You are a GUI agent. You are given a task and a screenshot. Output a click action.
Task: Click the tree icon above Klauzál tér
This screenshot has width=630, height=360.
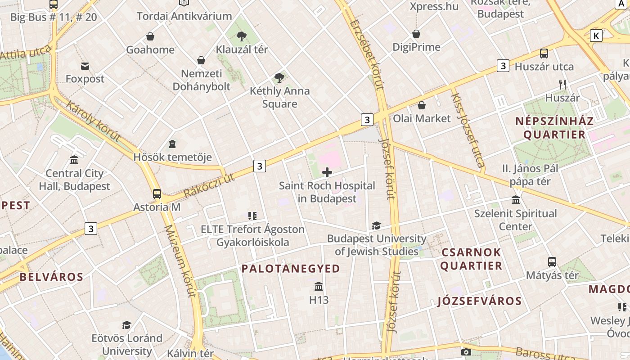[x=242, y=36]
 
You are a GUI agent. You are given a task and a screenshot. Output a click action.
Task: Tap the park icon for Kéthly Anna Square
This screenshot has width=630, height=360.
[x=279, y=78]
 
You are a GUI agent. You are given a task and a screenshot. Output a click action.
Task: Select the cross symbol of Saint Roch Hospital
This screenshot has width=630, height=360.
[x=327, y=172]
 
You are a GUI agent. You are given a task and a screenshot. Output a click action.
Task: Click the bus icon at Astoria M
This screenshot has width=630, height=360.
[x=157, y=194]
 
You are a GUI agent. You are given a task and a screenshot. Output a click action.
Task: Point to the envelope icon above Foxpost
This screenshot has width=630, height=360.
[x=85, y=66]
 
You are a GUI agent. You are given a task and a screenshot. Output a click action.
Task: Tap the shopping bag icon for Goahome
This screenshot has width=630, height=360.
[x=150, y=36]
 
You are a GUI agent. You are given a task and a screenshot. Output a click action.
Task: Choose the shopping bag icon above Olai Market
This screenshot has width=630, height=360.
[x=422, y=105]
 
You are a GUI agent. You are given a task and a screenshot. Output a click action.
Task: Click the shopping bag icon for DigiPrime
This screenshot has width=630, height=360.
[x=416, y=34]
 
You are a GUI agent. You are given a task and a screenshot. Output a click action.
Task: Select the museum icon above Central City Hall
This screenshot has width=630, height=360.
[x=74, y=160]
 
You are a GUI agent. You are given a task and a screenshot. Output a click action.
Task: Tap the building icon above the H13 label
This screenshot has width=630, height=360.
[x=319, y=287]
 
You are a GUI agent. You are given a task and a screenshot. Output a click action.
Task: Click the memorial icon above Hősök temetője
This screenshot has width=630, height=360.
[x=172, y=144]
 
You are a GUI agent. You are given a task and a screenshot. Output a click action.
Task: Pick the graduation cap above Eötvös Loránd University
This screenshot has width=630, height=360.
[x=127, y=325]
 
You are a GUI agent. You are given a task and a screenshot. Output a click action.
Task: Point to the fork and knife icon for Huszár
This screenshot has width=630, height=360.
[x=562, y=84]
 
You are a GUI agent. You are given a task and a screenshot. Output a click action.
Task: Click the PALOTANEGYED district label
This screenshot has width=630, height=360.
[x=291, y=269]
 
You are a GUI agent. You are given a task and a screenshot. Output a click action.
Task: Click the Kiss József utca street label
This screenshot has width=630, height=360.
[x=468, y=130]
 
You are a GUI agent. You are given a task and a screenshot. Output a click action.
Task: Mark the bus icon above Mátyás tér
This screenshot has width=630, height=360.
[x=552, y=261]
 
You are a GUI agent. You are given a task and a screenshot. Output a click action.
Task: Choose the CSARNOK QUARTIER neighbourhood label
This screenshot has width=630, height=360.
[x=471, y=259]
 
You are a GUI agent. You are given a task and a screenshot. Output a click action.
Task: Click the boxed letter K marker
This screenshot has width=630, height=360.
[x=596, y=36]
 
